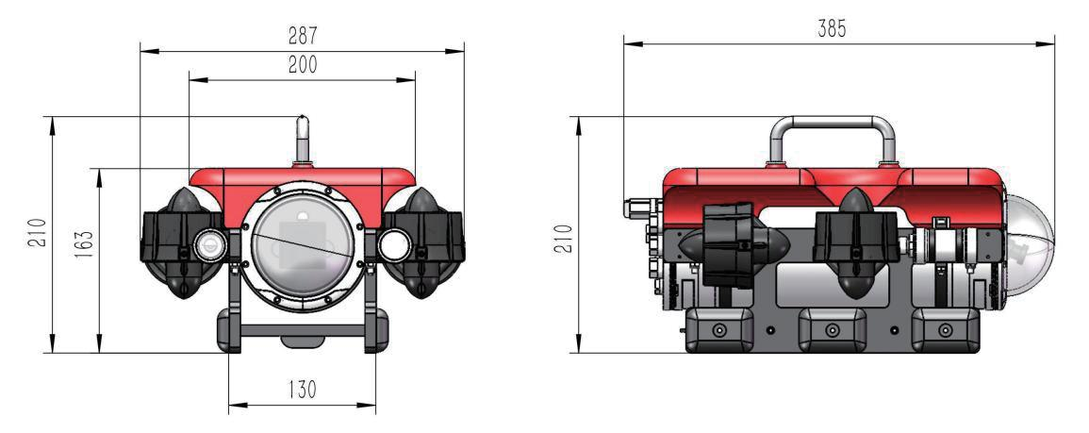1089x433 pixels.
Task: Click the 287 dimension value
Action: tap(302, 36)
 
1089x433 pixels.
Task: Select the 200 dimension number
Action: tap(302, 65)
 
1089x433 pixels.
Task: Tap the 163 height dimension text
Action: tap(83, 244)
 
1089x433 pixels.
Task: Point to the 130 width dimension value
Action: tap(302, 390)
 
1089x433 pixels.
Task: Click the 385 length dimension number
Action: tap(832, 28)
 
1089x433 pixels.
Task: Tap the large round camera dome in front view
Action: tap(302, 247)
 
